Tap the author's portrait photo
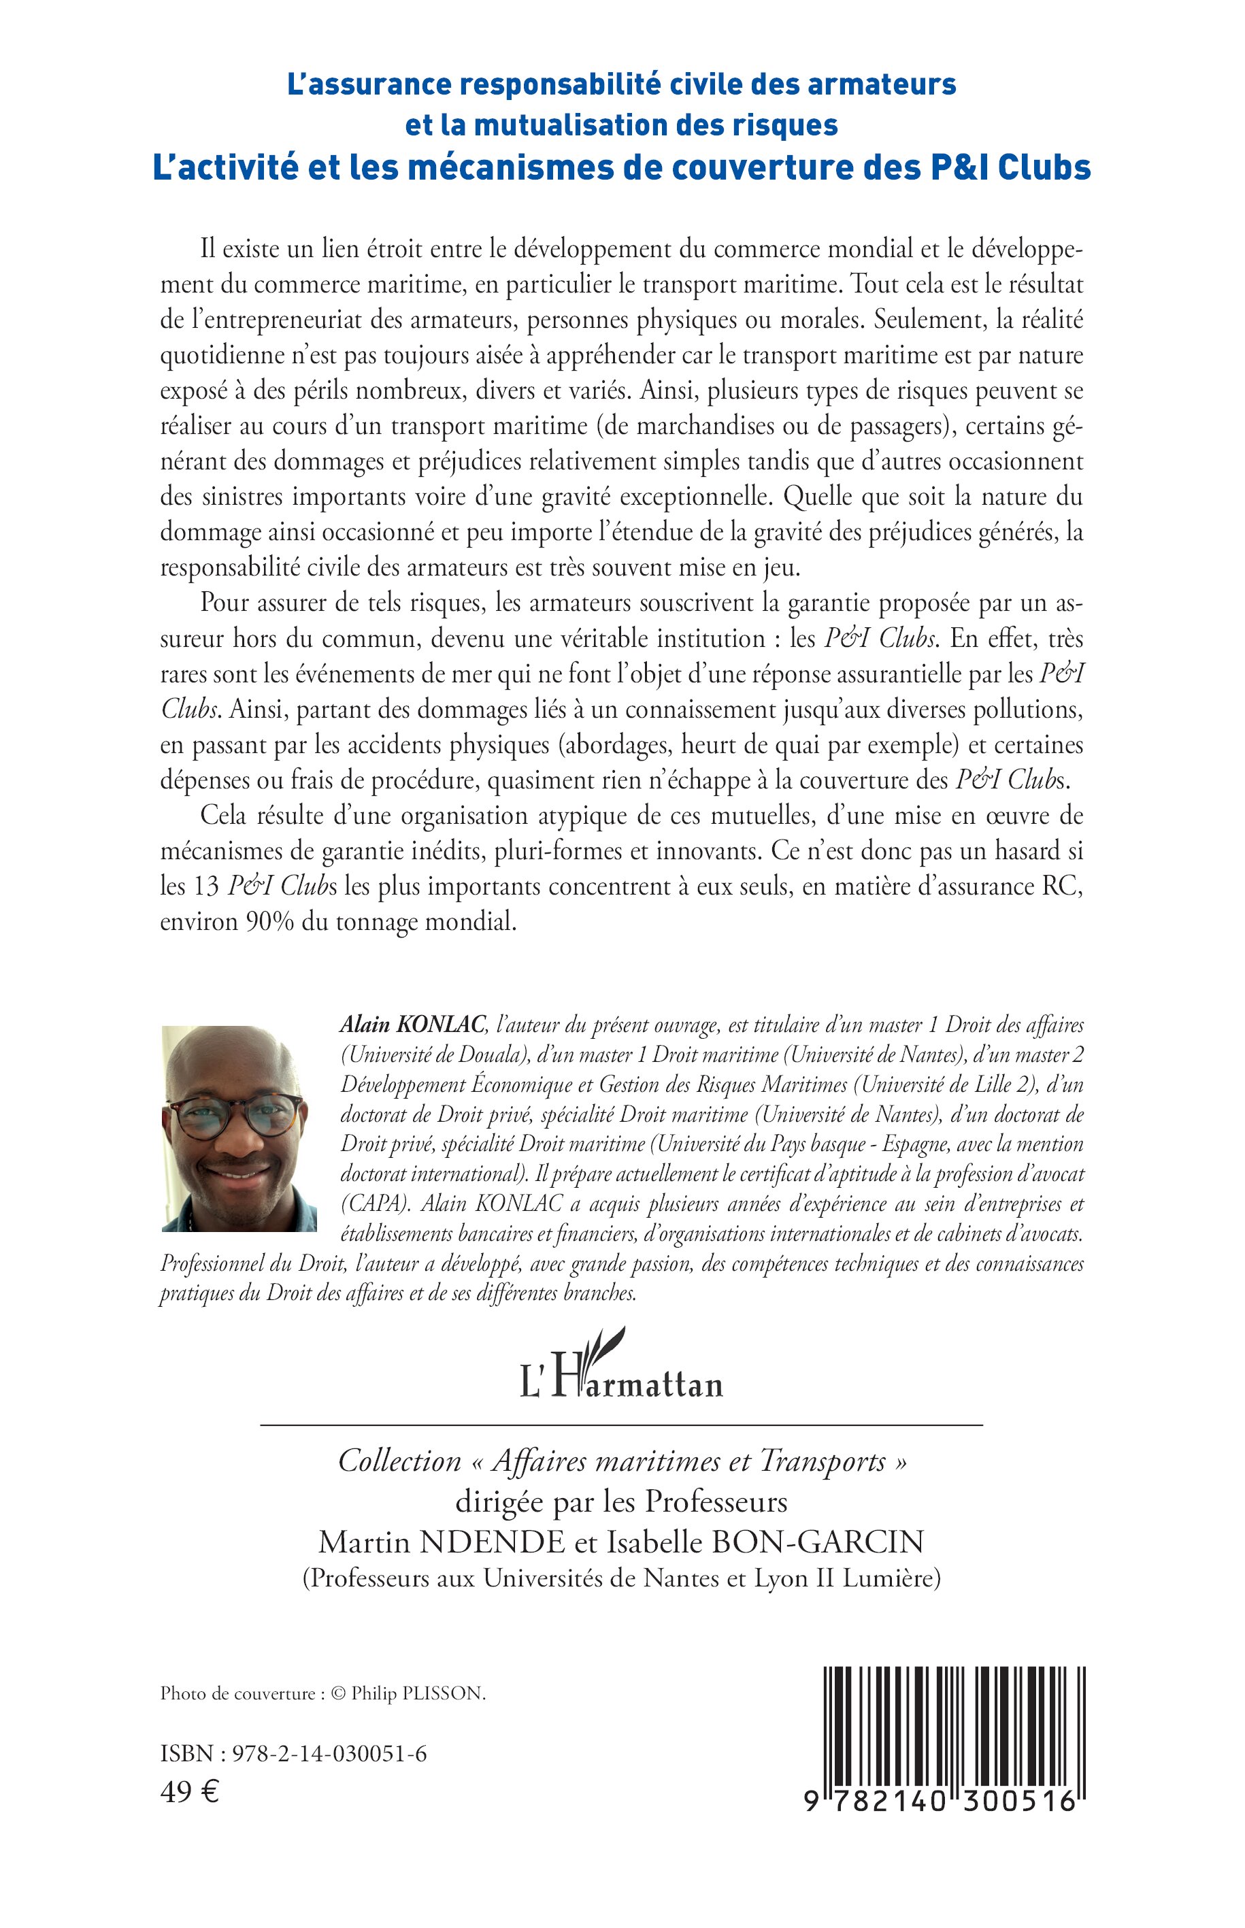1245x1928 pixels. [239, 1128]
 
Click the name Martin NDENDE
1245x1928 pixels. [442, 1542]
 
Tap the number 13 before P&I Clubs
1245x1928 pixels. [206, 887]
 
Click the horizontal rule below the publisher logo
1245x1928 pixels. [621, 1424]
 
